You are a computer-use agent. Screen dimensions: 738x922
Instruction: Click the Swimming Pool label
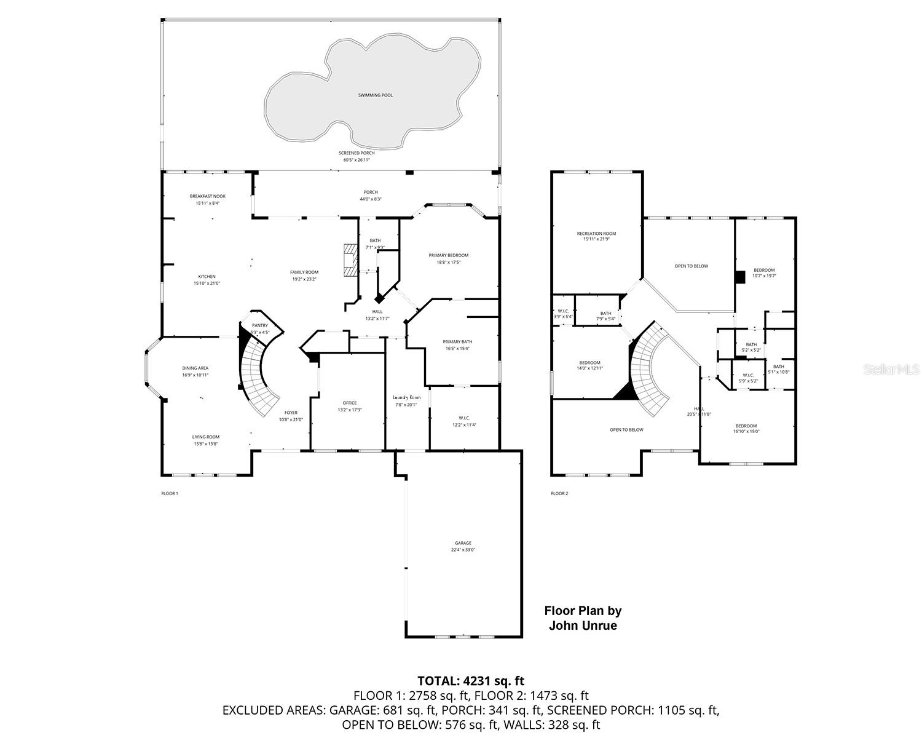coord(375,95)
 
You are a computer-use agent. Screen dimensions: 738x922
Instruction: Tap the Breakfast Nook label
coord(207,196)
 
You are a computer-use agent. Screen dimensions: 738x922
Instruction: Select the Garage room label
coord(463,543)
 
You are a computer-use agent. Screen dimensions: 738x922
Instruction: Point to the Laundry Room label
coord(407,397)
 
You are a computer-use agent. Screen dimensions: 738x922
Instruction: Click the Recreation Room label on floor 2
coord(596,234)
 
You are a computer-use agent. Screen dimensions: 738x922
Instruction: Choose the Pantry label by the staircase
coord(259,325)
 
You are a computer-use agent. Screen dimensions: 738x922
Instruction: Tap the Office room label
coord(349,403)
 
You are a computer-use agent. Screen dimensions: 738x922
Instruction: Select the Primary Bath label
coord(457,341)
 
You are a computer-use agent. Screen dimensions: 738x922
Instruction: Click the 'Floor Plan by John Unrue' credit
coord(583,618)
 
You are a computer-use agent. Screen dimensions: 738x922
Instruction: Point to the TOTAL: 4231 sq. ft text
coord(471,680)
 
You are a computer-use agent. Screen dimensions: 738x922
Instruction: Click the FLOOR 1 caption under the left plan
coord(169,493)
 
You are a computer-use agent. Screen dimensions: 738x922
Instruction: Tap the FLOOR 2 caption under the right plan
coord(559,493)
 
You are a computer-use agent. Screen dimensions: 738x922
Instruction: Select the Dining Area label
coord(195,368)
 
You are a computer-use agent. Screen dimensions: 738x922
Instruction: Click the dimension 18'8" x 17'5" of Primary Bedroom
coord(449,262)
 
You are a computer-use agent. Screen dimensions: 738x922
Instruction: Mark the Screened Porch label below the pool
coord(357,153)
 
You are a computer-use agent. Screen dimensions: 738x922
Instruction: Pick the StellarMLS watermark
coord(891,369)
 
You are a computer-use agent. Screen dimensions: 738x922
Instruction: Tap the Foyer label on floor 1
coord(291,413)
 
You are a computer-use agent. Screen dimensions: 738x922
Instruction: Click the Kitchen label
coord(207,276)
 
